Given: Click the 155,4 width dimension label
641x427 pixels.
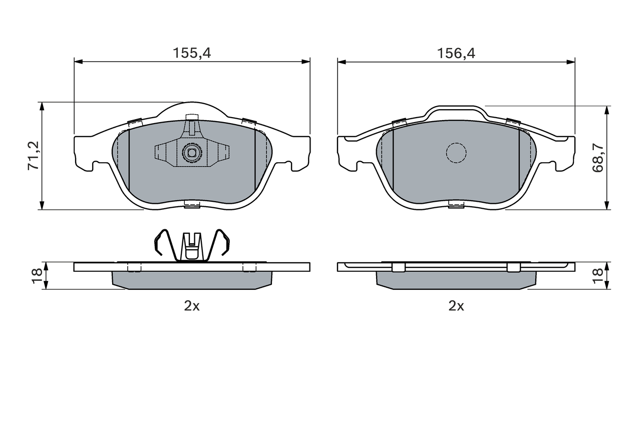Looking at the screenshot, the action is click(192, 53).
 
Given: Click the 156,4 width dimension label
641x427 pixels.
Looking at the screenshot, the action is click(456, 53).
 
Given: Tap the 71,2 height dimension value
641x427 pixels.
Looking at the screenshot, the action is click(33, 156).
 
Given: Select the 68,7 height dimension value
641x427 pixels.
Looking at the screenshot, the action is click(598, 158).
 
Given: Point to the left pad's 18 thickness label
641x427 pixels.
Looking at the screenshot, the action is click(37, 276).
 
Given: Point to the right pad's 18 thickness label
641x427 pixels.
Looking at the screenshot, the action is click(598, 276).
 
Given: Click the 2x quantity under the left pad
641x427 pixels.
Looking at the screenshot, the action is click(192, 306).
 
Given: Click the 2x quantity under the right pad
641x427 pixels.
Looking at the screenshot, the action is click(456, 306).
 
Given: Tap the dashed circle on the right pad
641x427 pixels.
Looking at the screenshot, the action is click(456, 153).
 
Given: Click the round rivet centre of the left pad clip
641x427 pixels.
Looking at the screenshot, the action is click(191, 153).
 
